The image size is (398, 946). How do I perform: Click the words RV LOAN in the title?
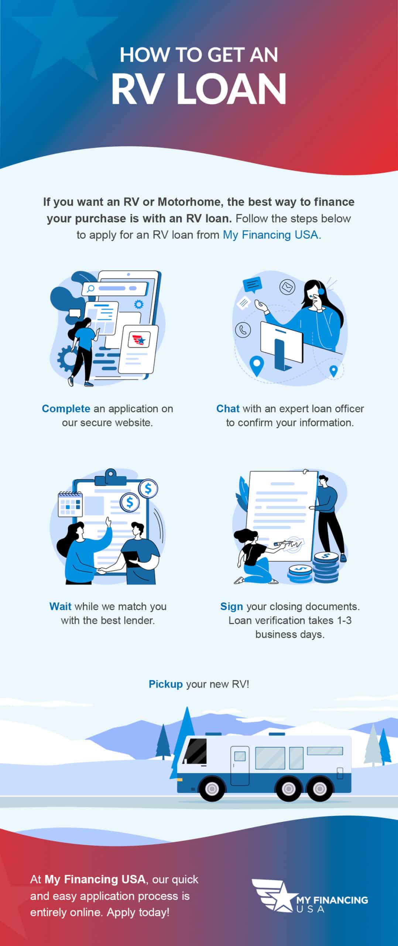[199, 89]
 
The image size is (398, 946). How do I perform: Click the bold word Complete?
[66, 409]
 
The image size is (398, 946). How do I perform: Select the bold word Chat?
[228, 409]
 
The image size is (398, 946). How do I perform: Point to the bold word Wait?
[60, 606]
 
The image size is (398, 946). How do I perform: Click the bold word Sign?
[231, 607]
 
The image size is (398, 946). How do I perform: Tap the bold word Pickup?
[166, 684]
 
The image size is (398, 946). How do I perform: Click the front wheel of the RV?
[212, 789]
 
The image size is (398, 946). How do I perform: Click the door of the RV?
[240, 765]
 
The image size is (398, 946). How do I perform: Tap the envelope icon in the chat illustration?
[287, 287]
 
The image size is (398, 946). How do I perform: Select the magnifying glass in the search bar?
[90, 289]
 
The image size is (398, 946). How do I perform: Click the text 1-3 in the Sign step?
[344, 620]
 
